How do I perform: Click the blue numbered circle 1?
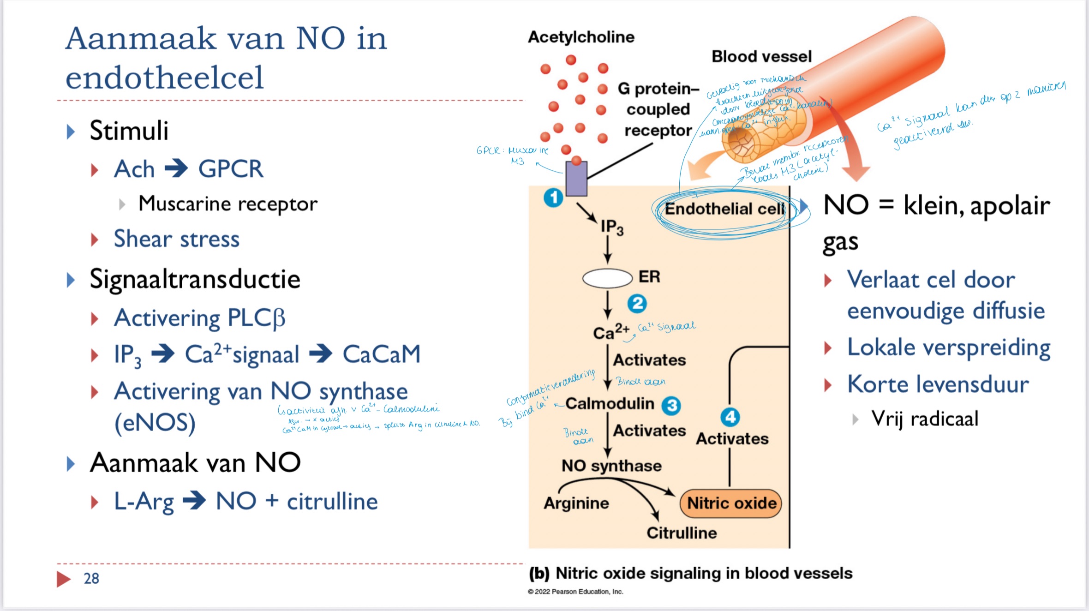pos(553,198)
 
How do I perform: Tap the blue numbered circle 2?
pos(637,304)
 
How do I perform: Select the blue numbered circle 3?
pos(671,406)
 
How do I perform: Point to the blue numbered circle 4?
pos(730,417)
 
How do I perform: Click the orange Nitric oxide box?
pos(731,503)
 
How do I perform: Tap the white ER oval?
pos(607,278)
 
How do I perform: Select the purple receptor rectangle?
pos(576,179)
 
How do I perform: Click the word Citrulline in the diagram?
pos(682,533)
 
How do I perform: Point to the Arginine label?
pos(576,503)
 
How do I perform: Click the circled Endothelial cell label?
pos(724,209)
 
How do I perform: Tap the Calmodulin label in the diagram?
pos(610,404)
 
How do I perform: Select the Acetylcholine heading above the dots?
pos(581,37)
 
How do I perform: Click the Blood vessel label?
pos(761,56)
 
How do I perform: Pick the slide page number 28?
pos(91,578)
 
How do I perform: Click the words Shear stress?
pos(177,239)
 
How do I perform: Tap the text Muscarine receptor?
pos(228,204)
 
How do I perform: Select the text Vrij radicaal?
pos(924,419)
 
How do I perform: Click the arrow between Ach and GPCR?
pos(176,168)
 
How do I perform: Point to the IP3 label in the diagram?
pos(612,227)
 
